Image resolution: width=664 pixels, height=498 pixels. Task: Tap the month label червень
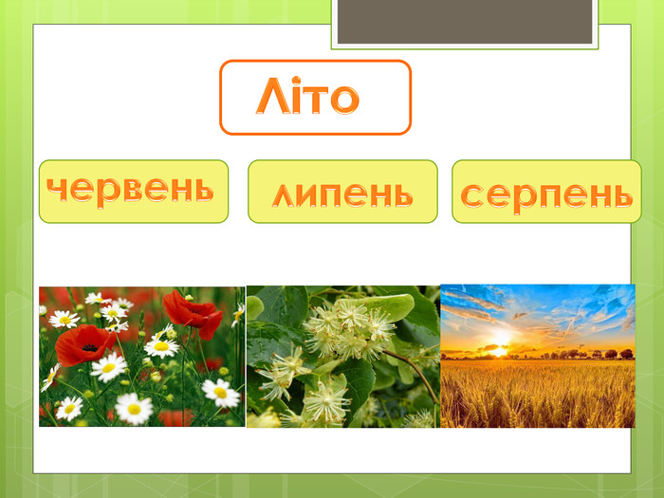[x=131, y=190]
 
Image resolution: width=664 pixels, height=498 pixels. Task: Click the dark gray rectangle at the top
[x=465, y=21]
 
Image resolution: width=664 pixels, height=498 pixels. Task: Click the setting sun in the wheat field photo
[x=497, y=348]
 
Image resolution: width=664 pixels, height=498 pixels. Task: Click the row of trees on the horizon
[x=588, y=354]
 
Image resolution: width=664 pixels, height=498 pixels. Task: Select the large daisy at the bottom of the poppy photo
[x=133, y=408]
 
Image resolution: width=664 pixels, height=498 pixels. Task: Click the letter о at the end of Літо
[x=345, y=99]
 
